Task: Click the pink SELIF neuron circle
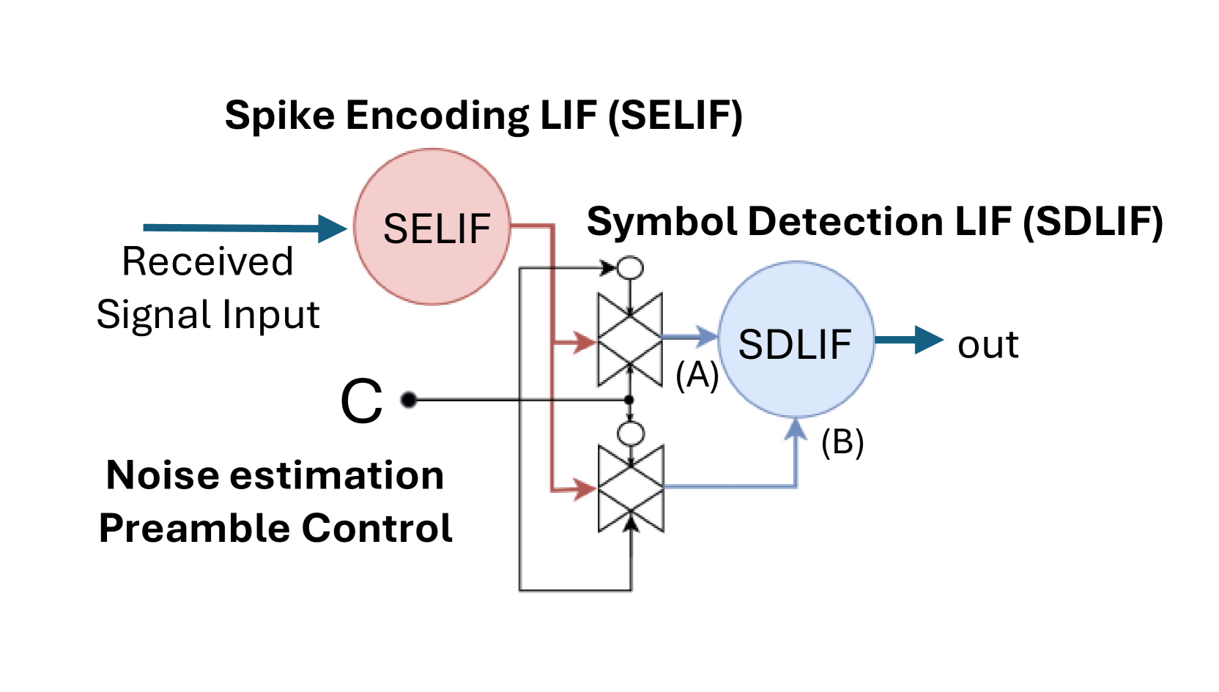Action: click(x=432, y=227)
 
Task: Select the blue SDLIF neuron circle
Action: click(x=796, y=340)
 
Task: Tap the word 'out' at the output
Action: click(x=988, y=344)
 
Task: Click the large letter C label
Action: click(x=361, y=401)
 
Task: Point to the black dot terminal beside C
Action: click(x=409, y=400)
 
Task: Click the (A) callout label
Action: click(x=697, y=375)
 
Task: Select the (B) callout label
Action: click(x=842, y=442)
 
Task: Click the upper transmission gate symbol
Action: click(x=630, y=339)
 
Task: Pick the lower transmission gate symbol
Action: click(x=631, y=488)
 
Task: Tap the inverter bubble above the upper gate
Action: click(x=630, y=268)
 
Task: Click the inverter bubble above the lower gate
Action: click(x=630, y=434)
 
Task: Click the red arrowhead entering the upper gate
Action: click(x=584, y=342)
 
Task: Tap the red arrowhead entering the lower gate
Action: click(x=584, y=488)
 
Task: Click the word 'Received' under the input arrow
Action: click(x=207, y=261)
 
